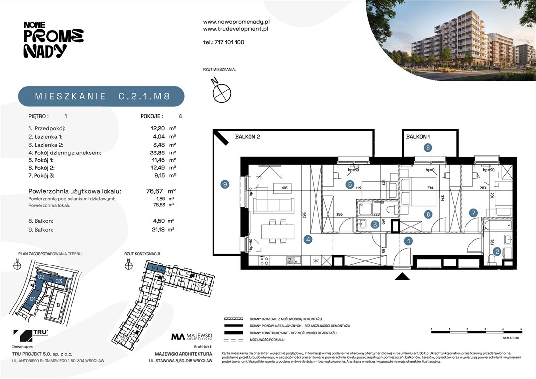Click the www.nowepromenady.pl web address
click(x=236, y=22)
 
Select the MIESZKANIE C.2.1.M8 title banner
click(x=102, y=96)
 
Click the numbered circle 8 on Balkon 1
click(x=428, y=147)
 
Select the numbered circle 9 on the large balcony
click(x=225, y=184)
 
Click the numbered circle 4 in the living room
click(x=308, y=240)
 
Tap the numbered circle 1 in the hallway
click(x=408, y=241)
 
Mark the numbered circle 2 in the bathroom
click(x=497, y=251)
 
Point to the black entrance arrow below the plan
click(x=403, y=277)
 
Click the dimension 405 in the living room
click(x=284, y=188)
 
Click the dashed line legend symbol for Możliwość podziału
click(x=234, y=341)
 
